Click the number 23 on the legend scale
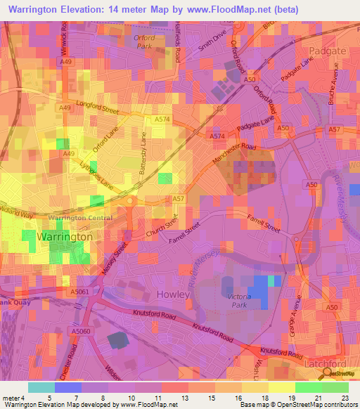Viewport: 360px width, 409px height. (344, 397)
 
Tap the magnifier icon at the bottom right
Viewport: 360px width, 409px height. (330, 374)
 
